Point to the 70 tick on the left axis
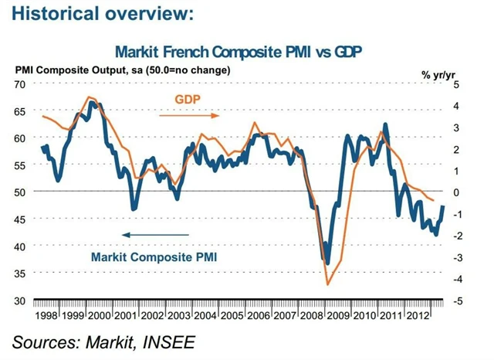[21, 83]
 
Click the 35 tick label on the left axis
[21, 273]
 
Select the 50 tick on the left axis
[21, 191]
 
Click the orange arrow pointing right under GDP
[189, 115]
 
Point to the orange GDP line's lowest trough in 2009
[327, 284]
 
